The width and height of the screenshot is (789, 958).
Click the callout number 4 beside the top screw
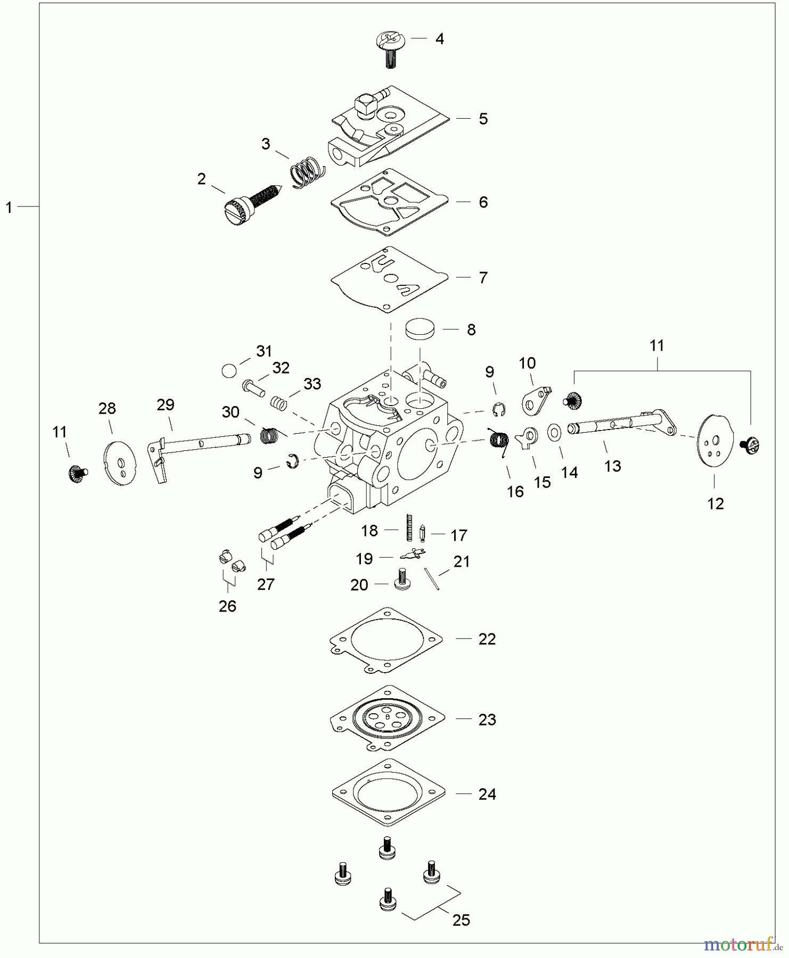pyautogui.click(x=440, y=39)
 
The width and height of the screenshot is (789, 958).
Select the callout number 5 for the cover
pyautogui.click(x=483, y=119)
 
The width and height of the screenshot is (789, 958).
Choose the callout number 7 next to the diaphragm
pyautogui.click(x=483, y=278)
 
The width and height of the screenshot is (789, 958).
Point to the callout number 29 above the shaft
pyautogui.click(x=166, y=405)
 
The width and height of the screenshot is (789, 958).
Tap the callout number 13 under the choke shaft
pyautogui.click(x=613, y=466)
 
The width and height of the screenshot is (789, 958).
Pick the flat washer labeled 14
pyautogui.click(x=554, y=433)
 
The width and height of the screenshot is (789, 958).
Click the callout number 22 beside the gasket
pyautogui.click(x=487, y=639)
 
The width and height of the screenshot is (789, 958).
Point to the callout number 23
pyautogui.click(x=487, y=720)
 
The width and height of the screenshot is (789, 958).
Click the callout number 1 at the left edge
pyautogui.click(x=9, y=208)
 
